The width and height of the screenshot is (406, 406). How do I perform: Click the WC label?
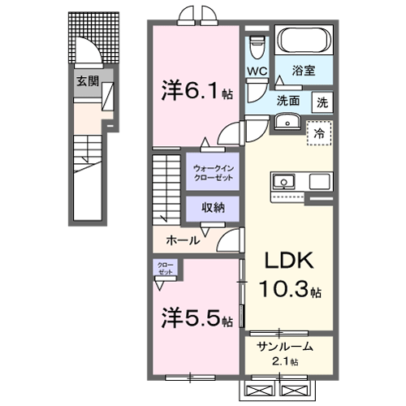pos(257,71)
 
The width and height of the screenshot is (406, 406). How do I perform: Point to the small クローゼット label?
pos(165,269)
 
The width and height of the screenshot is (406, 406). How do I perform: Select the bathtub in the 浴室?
pos(304,41)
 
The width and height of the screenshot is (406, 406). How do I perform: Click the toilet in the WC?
pos(257,45)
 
